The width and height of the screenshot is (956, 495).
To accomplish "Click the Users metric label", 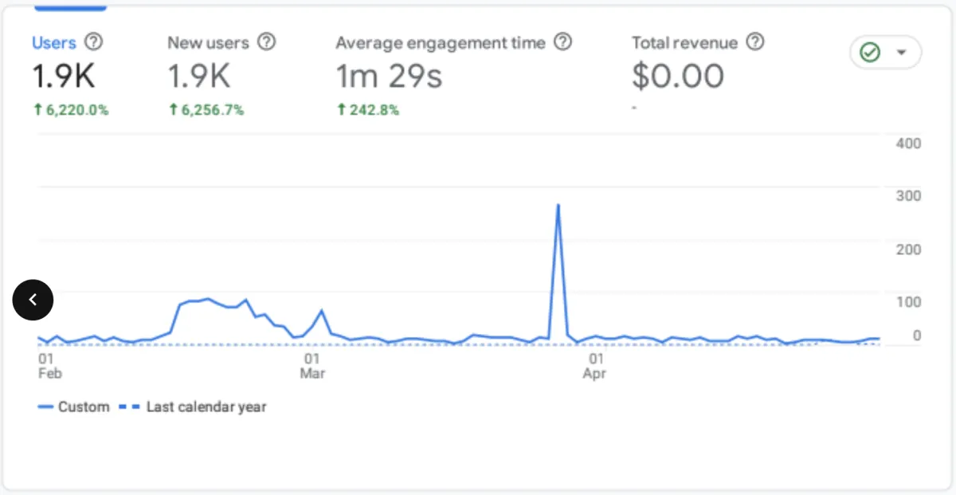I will pos(54,43).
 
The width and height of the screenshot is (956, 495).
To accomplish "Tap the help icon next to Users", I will pos(94,42).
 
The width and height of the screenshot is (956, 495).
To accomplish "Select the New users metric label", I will pos(208,43).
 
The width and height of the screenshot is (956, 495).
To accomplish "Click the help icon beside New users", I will pos(267,42).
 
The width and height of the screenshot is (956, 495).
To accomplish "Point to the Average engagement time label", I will pos(441,43).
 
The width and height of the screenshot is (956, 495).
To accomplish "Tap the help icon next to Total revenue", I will pos(755,42).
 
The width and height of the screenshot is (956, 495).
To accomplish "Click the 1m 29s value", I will pos(389,77).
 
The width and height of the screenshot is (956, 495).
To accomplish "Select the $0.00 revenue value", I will pos(678,77).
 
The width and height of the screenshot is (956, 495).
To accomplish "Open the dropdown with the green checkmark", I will pos(885,53).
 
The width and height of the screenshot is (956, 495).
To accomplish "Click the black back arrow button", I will pos(33,300).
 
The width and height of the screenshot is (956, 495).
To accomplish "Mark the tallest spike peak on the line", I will pos(558,206).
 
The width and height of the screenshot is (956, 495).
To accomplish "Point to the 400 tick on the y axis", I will pos(908,143).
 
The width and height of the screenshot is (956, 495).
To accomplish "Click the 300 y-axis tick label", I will pos(908,196).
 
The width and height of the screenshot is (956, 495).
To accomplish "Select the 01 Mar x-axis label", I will pos(312,366).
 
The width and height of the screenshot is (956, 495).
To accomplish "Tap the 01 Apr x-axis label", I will pos(594,366).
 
